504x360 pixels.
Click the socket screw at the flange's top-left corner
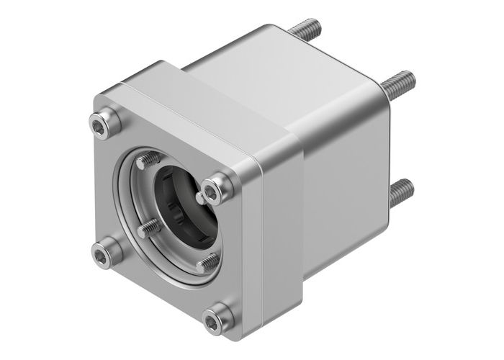[x=105, y=123]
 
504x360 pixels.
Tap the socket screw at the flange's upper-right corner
[x=216, y=189]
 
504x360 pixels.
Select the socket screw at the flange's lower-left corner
[x=105, y=253]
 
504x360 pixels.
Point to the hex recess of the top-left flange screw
[x=104, y=123]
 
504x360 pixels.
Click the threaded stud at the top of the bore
[x=150, y=159]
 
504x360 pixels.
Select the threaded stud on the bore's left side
[x=148, y=228]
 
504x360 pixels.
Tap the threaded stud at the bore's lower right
[x=207, y=263]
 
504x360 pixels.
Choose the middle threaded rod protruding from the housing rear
[x=397, y=84]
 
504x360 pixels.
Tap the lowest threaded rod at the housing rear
[x=401, y=192]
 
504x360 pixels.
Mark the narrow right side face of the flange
[x=277, y=238]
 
